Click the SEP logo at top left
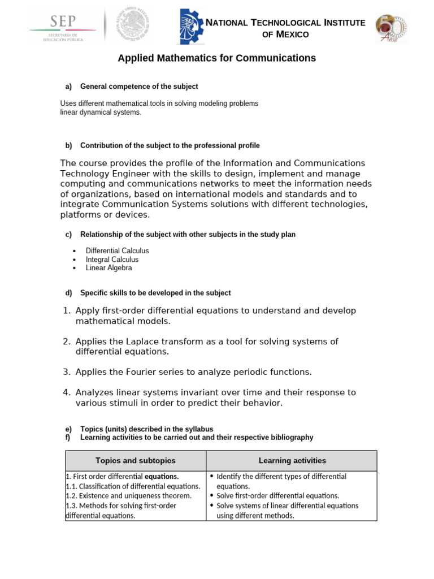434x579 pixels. click(63, 27)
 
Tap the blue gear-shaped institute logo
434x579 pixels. click(189, 27)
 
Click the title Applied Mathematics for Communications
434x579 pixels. click(216, 58)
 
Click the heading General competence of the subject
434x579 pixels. click(139, 87)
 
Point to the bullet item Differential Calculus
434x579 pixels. click(117, 250)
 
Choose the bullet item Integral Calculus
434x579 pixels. click(112, 260)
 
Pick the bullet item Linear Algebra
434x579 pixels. click(108, 268)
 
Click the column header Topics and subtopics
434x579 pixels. click(136, 461)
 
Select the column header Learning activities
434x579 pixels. click(292, 461)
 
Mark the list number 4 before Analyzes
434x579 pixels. click(66, 392)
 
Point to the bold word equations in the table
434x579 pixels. click(162, 476)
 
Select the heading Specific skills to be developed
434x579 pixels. click(155, 293)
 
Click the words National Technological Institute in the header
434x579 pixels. click(285, 23)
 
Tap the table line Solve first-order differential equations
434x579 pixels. click(277, 496)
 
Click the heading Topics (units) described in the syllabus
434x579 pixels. click(147, 429)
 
